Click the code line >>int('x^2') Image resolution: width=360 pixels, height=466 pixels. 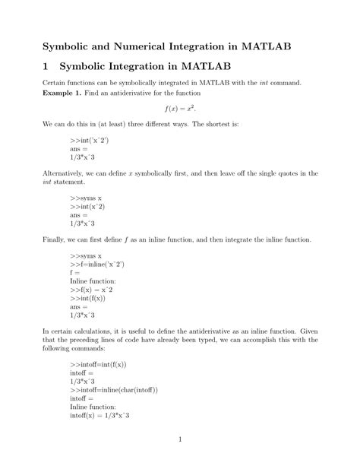tap(87, 141)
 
